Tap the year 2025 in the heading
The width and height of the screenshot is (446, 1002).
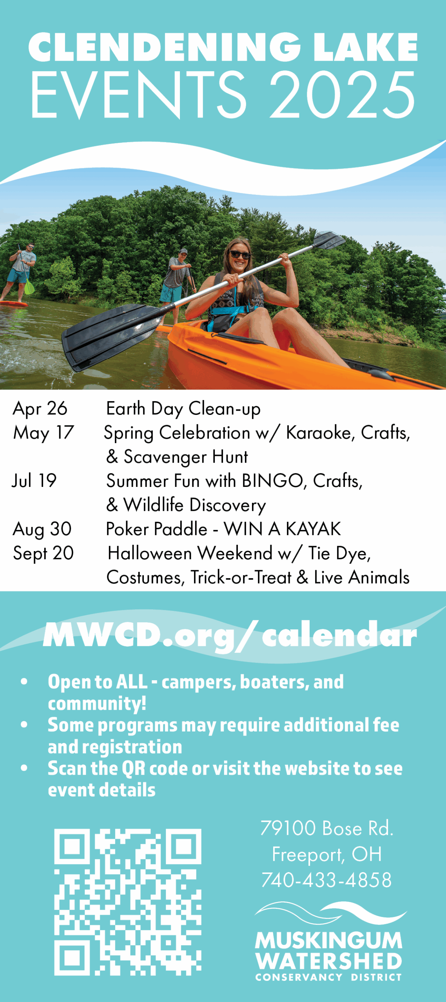343,95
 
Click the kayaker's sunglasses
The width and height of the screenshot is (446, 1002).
239,255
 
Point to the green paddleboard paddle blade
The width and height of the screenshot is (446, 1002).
29,287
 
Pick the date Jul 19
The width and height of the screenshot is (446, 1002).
34,481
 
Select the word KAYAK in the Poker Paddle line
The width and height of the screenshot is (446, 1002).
314,529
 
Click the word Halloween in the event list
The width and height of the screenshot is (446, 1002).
151,553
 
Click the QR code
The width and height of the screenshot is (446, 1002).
128,902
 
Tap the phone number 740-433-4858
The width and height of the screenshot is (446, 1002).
326,880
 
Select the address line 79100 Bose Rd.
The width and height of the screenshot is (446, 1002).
327,828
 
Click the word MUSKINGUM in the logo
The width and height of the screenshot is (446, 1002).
329,941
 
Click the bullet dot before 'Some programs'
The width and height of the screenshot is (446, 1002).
24,724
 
